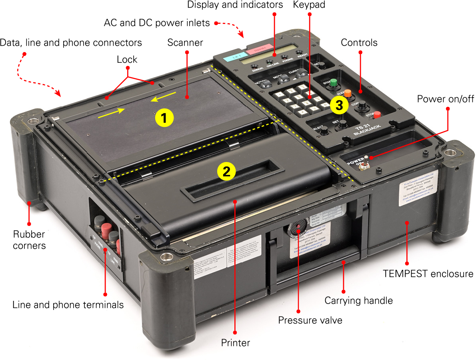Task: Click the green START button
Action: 334,83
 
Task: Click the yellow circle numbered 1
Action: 164,118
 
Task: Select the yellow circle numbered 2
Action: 226,171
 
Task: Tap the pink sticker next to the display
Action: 259,49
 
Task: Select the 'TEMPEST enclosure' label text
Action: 428,274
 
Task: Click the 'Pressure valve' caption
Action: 310,320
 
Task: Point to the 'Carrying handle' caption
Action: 358,300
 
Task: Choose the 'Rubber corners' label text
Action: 29,240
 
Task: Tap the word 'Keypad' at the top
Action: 309,5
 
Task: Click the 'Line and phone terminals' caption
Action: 68,305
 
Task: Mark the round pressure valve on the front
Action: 298,228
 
